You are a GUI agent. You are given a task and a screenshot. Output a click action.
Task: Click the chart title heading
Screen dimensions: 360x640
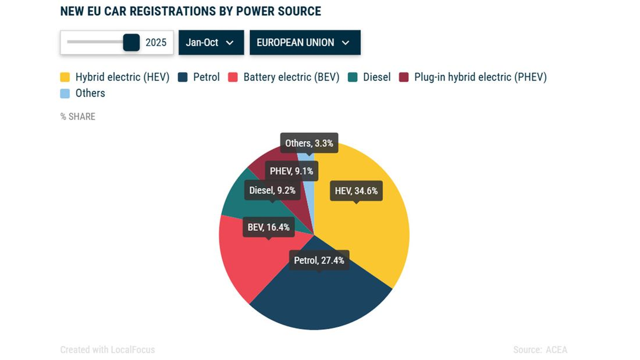point(190,11)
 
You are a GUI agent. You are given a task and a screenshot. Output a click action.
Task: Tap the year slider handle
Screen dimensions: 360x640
point(131,42)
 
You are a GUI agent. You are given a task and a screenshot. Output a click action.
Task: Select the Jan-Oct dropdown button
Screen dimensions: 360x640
point(211,42)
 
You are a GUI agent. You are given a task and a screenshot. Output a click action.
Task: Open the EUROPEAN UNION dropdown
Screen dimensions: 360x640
point(305,42)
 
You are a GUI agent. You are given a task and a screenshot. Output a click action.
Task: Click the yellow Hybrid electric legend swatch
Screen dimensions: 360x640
point(65,77)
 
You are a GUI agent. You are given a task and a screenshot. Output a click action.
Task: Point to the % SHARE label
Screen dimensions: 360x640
point(78,116)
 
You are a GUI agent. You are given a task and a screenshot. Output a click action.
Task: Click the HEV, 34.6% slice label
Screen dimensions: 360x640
point(356,191)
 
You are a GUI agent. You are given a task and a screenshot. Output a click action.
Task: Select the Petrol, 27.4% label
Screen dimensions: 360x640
point(319,260)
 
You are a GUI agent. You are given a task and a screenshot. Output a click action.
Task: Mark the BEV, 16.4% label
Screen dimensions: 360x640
point(268,227)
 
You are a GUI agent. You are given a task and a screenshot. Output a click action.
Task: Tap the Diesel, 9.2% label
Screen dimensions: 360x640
point(272,190)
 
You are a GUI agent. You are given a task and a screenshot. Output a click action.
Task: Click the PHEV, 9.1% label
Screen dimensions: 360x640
point(291,171)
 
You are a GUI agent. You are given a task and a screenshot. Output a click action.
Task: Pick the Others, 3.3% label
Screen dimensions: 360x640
point(309,143)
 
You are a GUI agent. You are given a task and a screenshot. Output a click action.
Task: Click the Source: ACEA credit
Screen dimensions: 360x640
point(540,350)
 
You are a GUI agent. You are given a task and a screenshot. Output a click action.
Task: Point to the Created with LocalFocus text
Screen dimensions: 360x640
point(108,350)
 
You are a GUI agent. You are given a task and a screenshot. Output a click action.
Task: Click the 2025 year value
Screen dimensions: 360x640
point(156,42)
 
